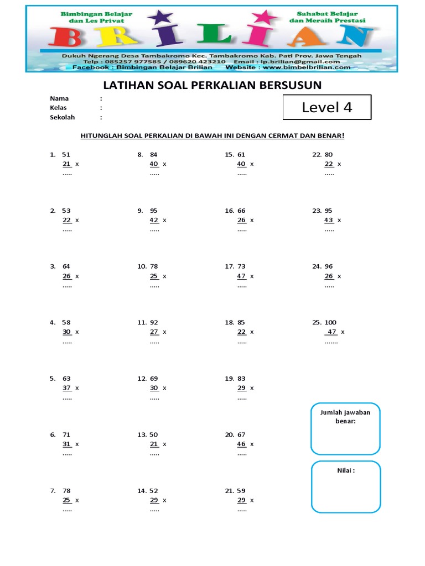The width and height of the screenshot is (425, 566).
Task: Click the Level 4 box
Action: [x=326, y=107]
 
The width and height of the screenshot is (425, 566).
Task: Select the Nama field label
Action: [x=59, y=98]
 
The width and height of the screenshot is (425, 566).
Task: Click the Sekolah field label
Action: [x=62, y=117]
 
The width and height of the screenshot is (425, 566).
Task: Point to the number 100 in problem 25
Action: [x=330, y=322]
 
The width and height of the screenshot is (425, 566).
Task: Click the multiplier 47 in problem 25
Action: [x=332, y=332]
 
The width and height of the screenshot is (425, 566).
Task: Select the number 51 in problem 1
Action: [x=66, y=155]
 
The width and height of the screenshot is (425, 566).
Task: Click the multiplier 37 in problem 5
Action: [x=67, y=388]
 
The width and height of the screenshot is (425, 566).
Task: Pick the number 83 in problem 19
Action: [x=242, y=379]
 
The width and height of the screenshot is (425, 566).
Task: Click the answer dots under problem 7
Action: [x=67, y=510]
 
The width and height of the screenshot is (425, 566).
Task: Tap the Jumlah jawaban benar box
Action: [x=345, y=429]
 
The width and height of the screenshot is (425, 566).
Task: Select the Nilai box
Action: [x=345, y=486]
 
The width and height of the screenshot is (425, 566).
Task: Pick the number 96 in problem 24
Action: [x=329, y=266]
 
